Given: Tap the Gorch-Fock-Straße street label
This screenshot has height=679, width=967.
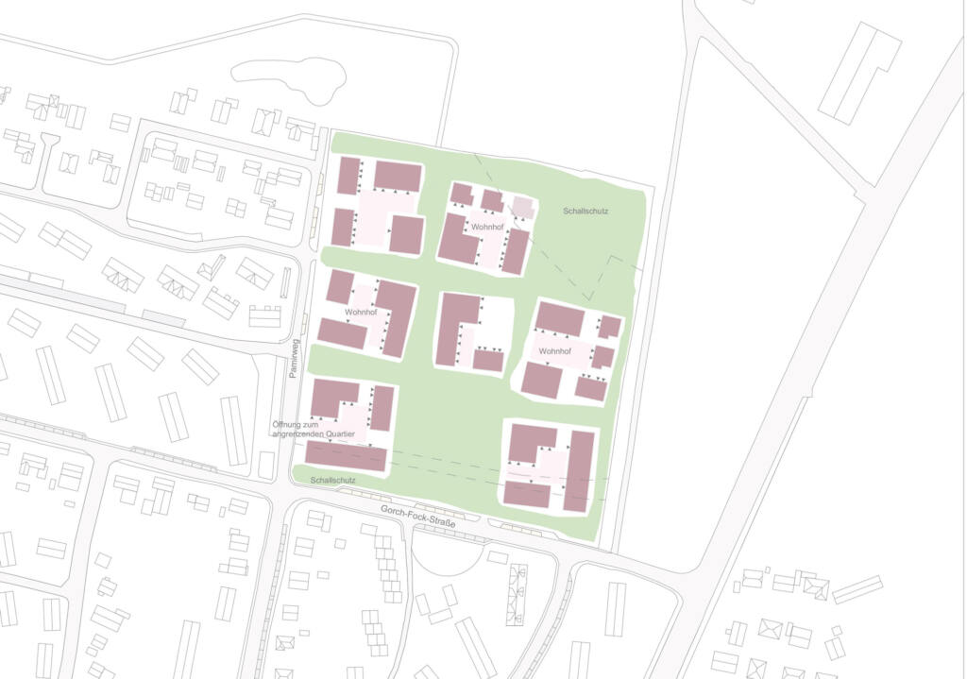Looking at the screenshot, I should pyautogui.click(x=418, y=515).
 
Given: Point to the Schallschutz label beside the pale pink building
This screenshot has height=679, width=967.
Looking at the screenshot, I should pyautogui.click(x=585, y=211).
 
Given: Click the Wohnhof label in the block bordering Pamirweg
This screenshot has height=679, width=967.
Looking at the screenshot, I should pyautogui.click(x=361, y=312).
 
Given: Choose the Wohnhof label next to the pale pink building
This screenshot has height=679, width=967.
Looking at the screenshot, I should pyautogui.click(x=487, y=228).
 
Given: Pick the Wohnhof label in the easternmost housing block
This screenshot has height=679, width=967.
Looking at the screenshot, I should pyautogui.click(x=555, y=351).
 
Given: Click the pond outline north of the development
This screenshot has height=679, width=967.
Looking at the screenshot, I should pyautogui.click(x=288, y=79).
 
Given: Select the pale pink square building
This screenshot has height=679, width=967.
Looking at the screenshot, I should pyautogui.click(x=523, y=207).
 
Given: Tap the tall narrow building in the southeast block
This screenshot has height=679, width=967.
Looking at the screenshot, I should pyautogui.click(x=579, y=470).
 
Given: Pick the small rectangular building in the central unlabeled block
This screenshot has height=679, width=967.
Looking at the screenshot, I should pyautogui.click(x=488, y=361).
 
